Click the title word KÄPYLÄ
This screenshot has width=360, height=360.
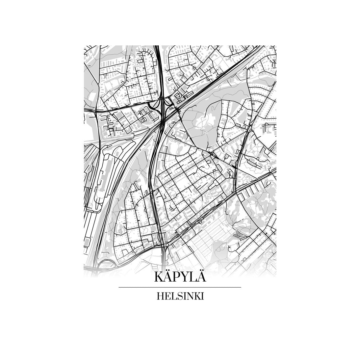pos(180,277)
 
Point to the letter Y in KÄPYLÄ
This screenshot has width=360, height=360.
pos(184,277)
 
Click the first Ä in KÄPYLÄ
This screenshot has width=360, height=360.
pos(167,276)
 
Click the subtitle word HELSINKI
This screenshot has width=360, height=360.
pos(180,296)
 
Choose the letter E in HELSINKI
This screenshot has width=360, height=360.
pos(167,296)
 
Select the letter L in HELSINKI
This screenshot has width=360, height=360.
pos(173,296)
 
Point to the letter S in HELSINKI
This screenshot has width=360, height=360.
pos(179,296)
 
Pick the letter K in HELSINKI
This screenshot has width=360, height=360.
pos(196,296)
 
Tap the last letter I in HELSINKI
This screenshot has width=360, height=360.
pos(202,296)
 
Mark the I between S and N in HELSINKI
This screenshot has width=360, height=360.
pos(183,296)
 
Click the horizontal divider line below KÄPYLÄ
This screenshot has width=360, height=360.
pos(180,287)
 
